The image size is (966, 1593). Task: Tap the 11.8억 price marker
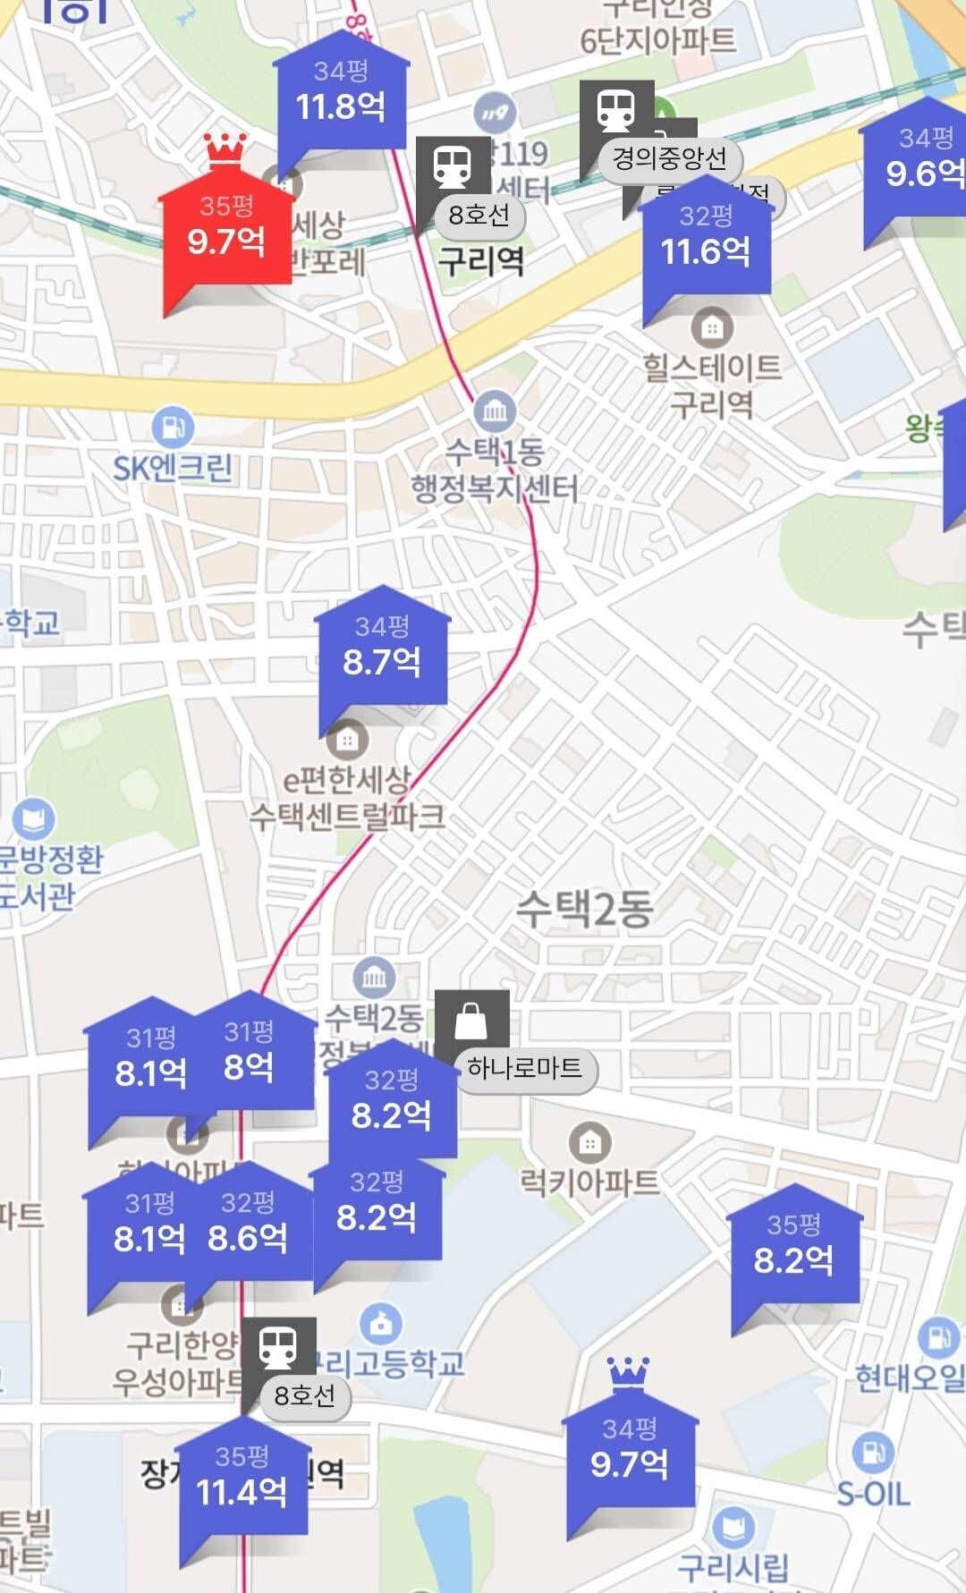[341, 95]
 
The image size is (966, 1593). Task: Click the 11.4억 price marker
[241, 1480]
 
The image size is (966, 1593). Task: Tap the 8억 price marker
[249, 1056]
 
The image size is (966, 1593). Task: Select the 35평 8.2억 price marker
[793, 1249]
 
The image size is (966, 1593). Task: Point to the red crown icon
[225, 150]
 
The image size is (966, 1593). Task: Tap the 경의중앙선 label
[669, 159]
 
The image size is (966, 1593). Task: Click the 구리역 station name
[480, 261]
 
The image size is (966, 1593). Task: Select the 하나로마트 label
[525, 1068]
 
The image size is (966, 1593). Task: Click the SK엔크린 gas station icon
[173, 428]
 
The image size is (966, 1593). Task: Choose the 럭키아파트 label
[589, 1182]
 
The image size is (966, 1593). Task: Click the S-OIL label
[873, 1493]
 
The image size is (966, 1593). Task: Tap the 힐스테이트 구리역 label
[712, 386]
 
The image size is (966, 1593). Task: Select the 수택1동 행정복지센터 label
[495, 470]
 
